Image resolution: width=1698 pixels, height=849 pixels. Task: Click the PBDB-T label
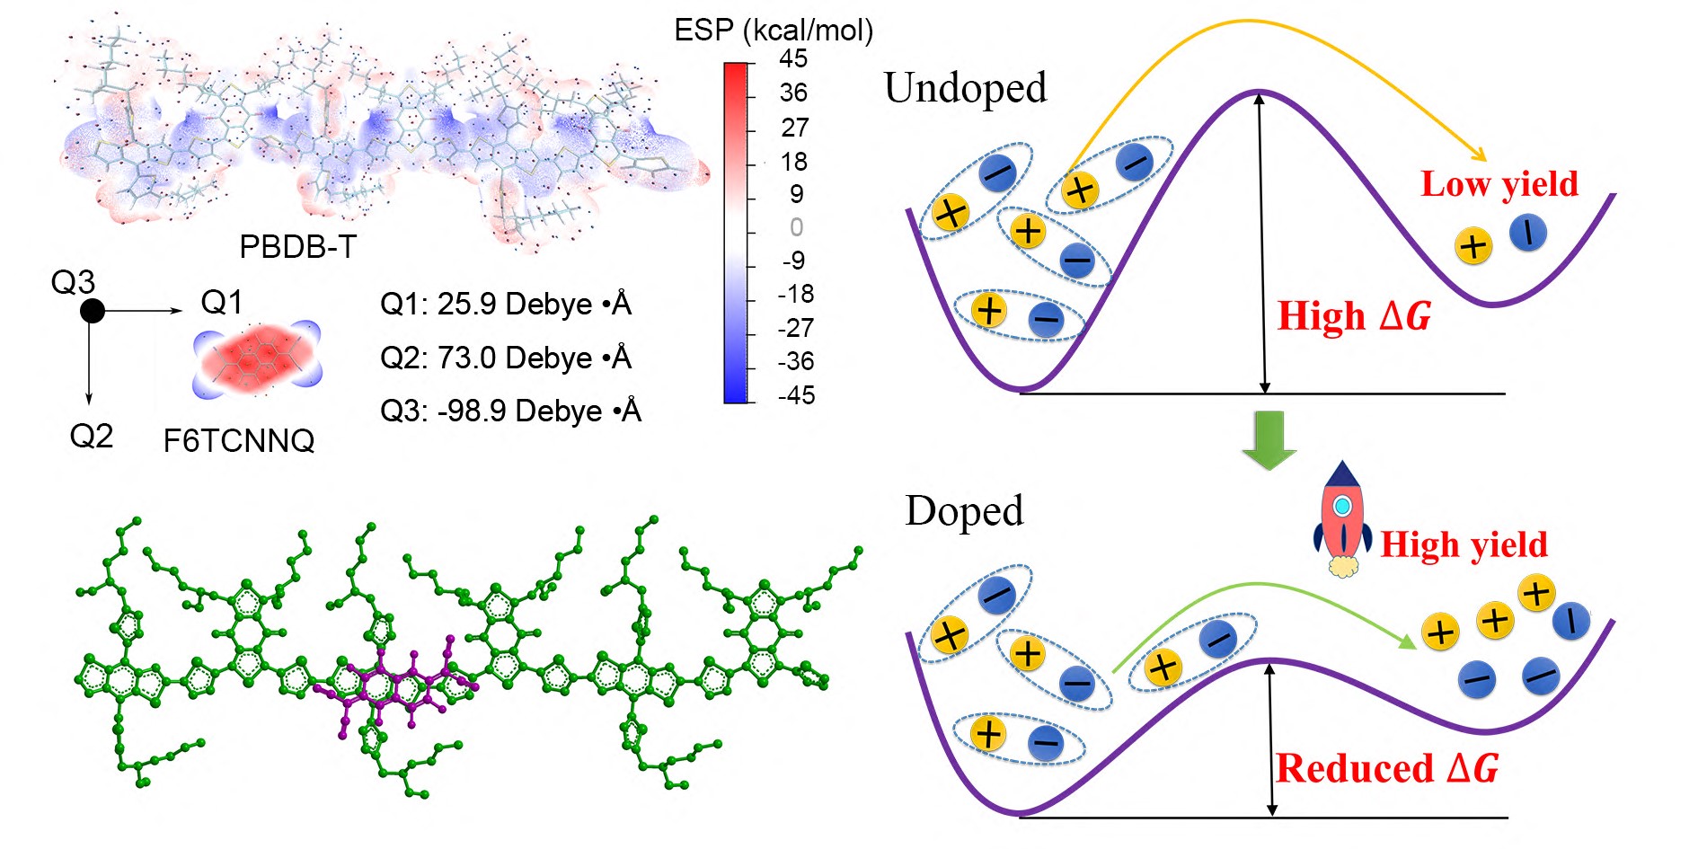tap(297, 247)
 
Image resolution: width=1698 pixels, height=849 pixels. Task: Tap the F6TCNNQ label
tap(239, 441)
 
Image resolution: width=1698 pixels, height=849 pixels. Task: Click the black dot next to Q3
tap(92, 311)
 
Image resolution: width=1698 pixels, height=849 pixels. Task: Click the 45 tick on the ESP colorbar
tap(793, 59)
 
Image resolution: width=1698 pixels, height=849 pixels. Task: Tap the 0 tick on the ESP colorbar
tap(796, 227)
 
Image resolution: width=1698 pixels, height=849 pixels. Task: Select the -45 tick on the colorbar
tap(795, 395)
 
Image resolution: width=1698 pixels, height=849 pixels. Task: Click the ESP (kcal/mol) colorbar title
tap(774, 31)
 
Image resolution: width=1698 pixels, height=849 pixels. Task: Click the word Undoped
tap(965, 88)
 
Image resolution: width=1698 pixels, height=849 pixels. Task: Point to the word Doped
tap(964, 511)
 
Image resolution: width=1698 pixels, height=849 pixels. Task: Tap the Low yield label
tap(1499, 184)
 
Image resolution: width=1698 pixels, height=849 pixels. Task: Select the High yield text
tap(1464, 544)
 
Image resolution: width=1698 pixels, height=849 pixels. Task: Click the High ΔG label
tap(1354, 316)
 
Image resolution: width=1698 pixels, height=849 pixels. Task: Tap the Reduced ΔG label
tap(1386, 769)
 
